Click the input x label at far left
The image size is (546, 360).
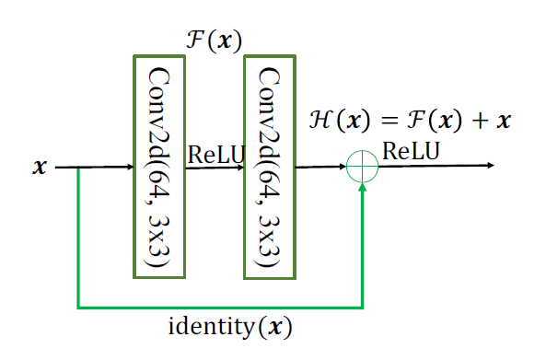coord(40,168)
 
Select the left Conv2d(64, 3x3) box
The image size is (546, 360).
coord(158,165)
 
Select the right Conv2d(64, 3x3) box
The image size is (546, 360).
coord(269,166)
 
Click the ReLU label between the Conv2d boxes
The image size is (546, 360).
coord(215,155)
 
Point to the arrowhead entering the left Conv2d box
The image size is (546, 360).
coord(129,168)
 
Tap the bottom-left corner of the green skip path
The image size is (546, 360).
coord(79,307)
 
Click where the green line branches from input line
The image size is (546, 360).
coord(79,168)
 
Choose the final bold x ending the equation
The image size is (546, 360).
coord(502,121)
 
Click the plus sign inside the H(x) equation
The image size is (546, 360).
coord(475,121)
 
